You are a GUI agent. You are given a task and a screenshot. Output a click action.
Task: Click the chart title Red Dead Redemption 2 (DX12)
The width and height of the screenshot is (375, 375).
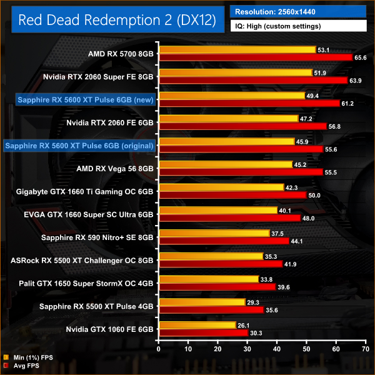pyautogui.click(x=117, y=21)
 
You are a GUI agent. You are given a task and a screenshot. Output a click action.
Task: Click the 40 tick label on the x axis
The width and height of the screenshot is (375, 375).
pyautogui.click(x=277, y=349)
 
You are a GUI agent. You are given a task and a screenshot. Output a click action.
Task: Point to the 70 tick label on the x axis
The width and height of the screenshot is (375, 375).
pyautogui.click(x=366, y=349)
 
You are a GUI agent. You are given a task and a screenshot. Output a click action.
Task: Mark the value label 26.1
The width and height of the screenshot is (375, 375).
pyautogui.click(x=244, y=325)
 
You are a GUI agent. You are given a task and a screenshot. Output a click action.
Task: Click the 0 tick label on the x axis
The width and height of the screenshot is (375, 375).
pyautogui.click(x=159, y=349)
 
